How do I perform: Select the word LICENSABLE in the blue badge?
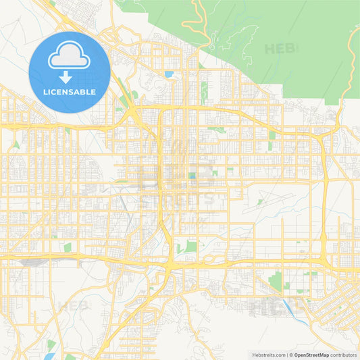tap(70, 92)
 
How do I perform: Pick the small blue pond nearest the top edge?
tap(168, 74)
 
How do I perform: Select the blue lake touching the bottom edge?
tap(70, 357)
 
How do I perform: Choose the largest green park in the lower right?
tap(275, 280)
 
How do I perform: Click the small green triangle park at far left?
tap(16, 145)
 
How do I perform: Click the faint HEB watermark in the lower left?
tap(73, 306)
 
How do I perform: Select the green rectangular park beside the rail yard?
tap(68, 247)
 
